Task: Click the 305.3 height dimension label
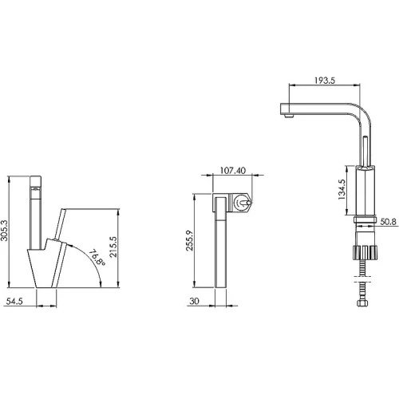[4, 231]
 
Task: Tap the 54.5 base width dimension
[14, 302]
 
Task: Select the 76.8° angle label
[97, 257]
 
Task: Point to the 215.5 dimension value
[113, 247]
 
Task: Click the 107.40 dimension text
[233, 171]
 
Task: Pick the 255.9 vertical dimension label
[189, 240]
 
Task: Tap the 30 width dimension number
[194, 301]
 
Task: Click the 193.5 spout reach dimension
[325, 81]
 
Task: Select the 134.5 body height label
[342, 189]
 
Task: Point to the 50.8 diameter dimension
[388, 222]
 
